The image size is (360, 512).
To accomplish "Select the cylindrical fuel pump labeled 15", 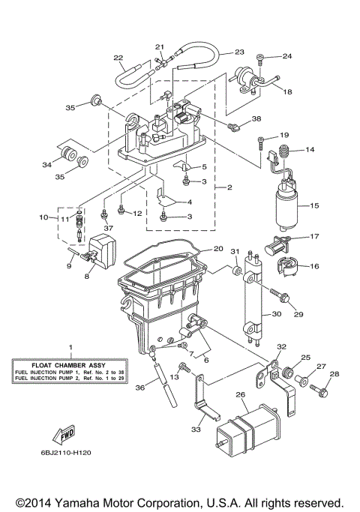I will coord(286,208).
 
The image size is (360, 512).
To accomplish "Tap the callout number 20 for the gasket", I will coord(217,248).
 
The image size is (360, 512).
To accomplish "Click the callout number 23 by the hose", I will coord(239,52).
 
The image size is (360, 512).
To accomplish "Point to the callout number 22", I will coord(118,57).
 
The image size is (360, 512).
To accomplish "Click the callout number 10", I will coord(43,217).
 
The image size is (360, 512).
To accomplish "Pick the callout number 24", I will coord(287,56).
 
